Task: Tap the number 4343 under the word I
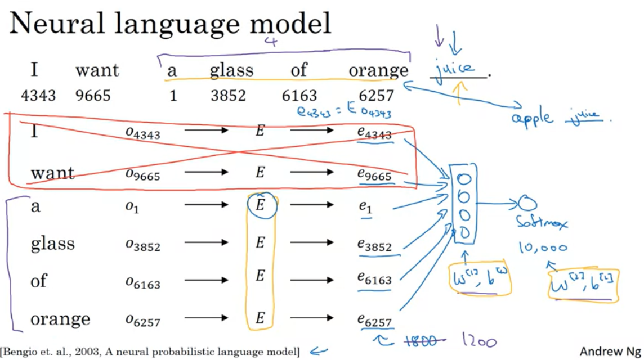tap(38, 96)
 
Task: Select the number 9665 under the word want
tap(93, 96)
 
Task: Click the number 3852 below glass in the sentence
tap(228, 96)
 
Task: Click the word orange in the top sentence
tap(378, 70)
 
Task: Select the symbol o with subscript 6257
tap(143, 321)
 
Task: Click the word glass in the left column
tap(52, 244)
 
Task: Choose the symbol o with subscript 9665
tap(143, 174)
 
